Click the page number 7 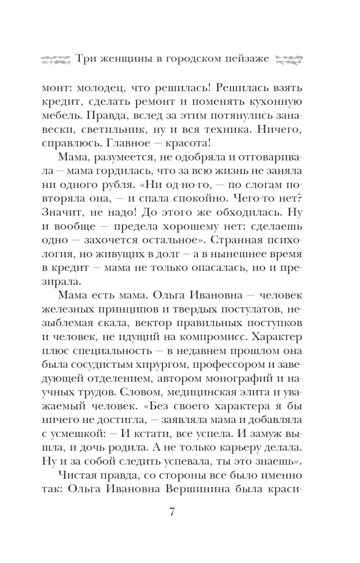click(172, 511)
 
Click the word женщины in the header click(120, 59)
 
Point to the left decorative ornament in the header click(55, 59)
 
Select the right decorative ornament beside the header click(288, 59)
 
